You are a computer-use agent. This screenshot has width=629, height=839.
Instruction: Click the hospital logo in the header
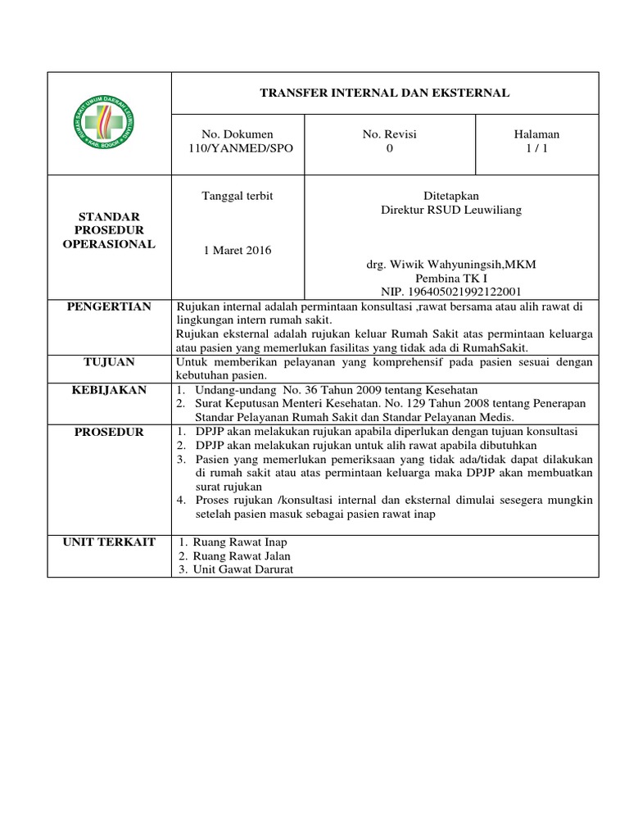[109, 123]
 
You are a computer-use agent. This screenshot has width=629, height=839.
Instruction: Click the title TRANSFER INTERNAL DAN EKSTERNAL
[385, 93]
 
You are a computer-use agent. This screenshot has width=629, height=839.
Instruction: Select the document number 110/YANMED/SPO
[238, 148]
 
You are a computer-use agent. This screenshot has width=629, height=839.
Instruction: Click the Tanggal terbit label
[238, 196]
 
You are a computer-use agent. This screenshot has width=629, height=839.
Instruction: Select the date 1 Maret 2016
[238, 250]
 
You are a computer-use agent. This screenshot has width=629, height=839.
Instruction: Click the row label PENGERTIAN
[109, 306]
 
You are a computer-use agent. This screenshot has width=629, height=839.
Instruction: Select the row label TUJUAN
[109, 361]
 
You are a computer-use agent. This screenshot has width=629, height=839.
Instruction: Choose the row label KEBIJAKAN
[109, 390]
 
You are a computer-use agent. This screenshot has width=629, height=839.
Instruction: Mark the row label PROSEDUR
[109, 432]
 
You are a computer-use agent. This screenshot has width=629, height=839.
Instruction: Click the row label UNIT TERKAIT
[109, 542]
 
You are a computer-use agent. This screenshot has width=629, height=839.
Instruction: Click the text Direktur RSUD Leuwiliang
[451, 210]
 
